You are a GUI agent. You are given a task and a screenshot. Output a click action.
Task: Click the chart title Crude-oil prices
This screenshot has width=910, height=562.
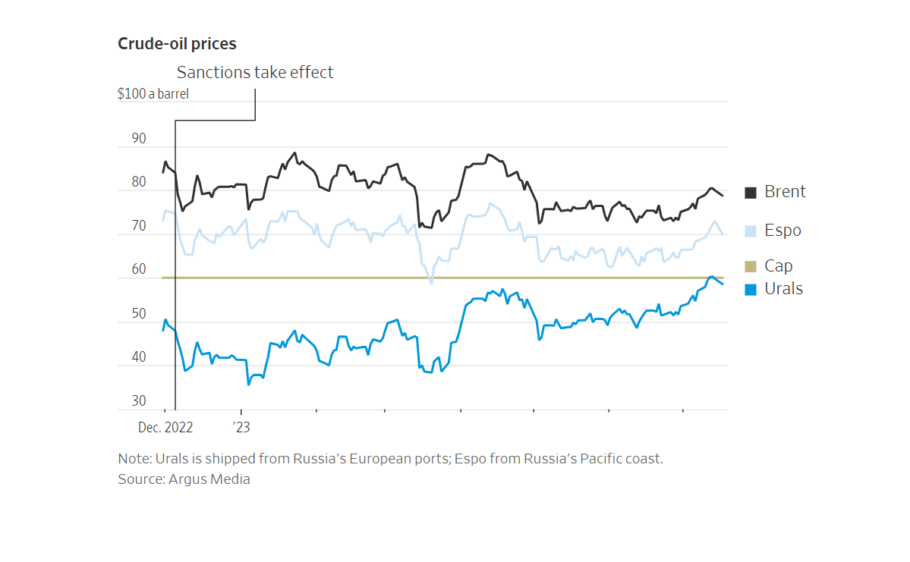[177, 44]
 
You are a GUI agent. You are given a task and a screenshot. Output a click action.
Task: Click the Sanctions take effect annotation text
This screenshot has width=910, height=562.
[255, 73]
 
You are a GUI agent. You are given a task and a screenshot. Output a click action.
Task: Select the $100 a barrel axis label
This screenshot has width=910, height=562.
[153, 95]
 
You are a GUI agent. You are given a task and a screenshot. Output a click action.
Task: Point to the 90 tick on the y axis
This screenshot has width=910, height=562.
[139, 139]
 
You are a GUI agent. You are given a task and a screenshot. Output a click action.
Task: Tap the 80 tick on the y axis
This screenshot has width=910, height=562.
[139, 183]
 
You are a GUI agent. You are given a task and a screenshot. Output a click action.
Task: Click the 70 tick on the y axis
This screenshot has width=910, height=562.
[139, 226]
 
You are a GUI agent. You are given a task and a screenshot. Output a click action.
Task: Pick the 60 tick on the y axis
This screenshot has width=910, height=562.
[139, 270]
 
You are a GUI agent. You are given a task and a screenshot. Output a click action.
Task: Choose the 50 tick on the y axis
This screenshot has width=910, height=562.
[139, 314]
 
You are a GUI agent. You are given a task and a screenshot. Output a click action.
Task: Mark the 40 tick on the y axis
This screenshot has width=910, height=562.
[139, 357]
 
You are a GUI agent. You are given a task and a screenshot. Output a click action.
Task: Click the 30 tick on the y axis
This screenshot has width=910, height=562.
[139, 401]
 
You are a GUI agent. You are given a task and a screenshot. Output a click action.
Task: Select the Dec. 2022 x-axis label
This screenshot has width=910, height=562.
[165, 428]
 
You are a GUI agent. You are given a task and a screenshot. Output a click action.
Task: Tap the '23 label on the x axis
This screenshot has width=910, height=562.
[241, 428]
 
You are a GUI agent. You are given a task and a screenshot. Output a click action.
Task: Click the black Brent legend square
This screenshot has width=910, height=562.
[751, 193]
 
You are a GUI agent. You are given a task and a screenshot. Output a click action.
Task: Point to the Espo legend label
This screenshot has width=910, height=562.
[782, 231]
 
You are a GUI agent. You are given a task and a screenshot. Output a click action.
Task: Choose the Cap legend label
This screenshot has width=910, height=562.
[779, 266]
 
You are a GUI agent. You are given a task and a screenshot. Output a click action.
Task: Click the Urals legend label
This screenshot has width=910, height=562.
[783, 289]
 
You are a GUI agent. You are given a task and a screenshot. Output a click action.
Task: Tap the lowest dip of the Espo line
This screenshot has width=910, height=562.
[431, 283]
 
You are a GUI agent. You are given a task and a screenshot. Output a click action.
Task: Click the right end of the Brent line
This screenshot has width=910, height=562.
[723, 196]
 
